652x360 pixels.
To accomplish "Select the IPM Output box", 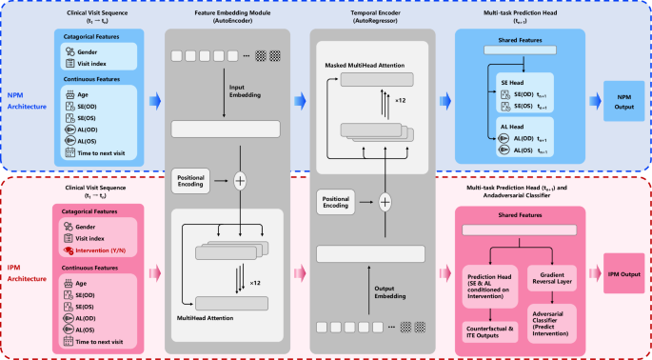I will [623, 273].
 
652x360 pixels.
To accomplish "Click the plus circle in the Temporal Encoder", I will [385, 202].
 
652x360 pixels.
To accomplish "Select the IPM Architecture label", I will [27, 272].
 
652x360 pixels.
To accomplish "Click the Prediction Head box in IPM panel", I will [492, 278].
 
